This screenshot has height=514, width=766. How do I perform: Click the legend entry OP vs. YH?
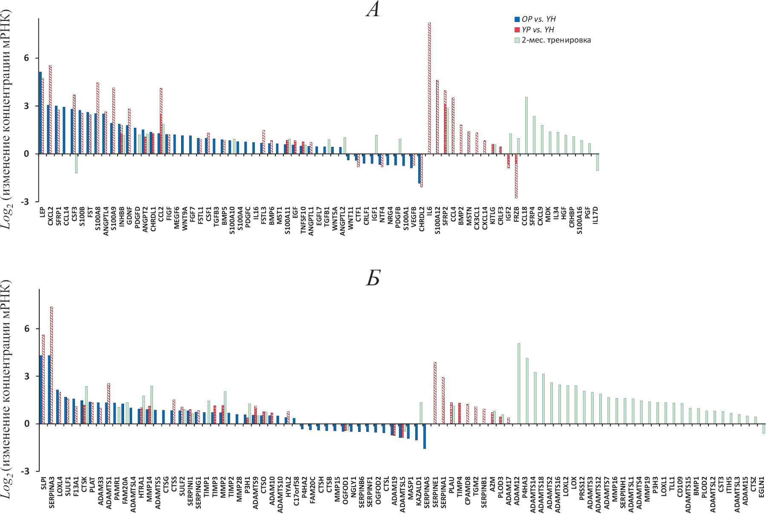538,19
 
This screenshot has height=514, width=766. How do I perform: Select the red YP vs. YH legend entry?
538,30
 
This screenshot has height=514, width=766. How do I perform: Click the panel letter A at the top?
373,9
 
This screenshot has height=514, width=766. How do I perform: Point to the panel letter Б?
373,278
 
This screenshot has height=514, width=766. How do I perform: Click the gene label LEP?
42,212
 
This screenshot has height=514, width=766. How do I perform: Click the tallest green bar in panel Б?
519,383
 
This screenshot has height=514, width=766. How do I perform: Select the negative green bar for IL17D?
597,162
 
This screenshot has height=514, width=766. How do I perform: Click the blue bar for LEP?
40,113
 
